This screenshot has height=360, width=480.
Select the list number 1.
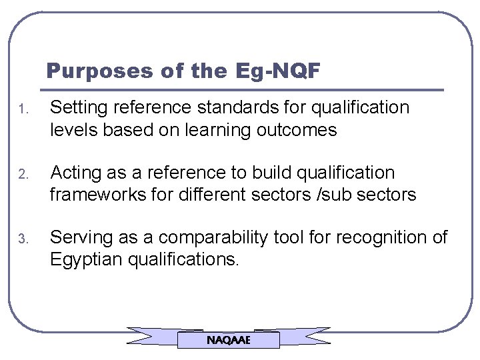[22, 109]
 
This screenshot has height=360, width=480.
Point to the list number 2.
[22, 175]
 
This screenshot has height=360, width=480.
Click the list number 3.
[22, 239]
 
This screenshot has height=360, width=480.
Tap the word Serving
[76, 237]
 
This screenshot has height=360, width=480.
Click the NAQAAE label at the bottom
[229, 340]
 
